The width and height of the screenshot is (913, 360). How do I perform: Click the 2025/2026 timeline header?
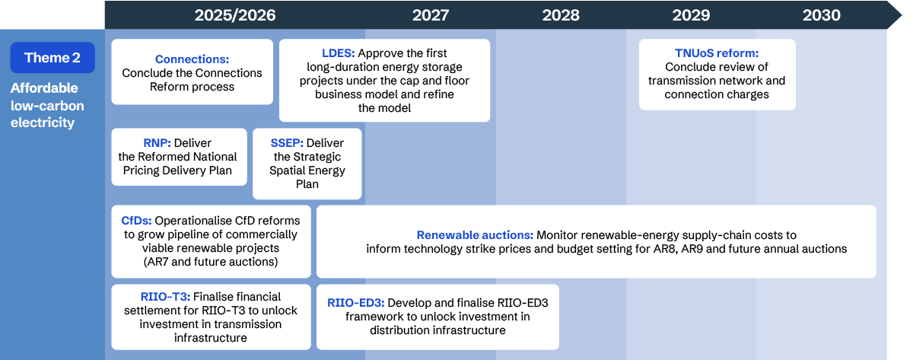pyautogui.click(x=234, y=15)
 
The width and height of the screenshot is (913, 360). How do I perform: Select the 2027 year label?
pyautogui.click(x=431, y=15)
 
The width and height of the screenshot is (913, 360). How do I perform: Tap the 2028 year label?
pyautogui.click(x=561, y=15)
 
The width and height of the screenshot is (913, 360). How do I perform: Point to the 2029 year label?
pyautogui.click(x=691, y=15)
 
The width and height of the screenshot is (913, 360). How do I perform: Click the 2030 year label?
pyautogui.click(x=822, y=15)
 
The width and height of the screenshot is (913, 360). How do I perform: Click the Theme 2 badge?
pyautogui.click(x=52, y=58)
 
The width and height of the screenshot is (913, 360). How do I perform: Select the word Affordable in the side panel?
pyautogui.click(x=43, y=88)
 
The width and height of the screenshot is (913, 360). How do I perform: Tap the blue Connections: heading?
pyautogui.click(x=192, y=59)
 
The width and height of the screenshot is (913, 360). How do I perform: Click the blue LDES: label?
pyautogui.click(x=338, y=53)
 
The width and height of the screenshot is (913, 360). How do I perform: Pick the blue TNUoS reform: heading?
pyautogui.click(x=717, y=53)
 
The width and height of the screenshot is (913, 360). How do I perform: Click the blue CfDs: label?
pyautogui.click(x=137, y=221)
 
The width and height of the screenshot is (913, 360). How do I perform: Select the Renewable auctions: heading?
pyautogui.click(x=476, y=235)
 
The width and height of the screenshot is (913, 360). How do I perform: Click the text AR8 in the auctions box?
pyautogui.click(x=680, y=249)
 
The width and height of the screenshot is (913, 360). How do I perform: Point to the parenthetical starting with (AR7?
pyautogui.click(x=211, y=262)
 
